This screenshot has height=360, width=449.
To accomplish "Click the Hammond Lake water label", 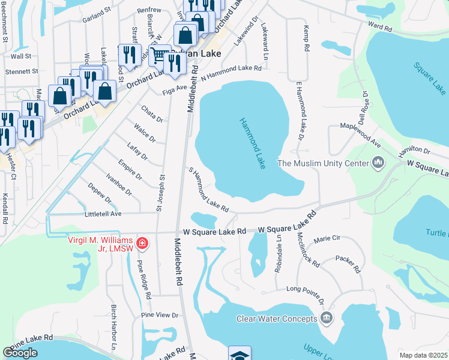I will [x=252, y=143].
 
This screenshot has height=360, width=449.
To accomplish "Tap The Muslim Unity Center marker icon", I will [x=379, y=162].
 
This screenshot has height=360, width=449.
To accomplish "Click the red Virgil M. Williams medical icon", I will [x=142, y=243].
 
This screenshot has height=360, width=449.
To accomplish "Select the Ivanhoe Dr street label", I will [x=118, y=184].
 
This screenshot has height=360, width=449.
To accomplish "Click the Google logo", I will [x=20, y=353].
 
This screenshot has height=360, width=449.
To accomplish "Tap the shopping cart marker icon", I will [x=159, y=55].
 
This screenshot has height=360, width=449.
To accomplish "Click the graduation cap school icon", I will [x=239, y=354].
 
